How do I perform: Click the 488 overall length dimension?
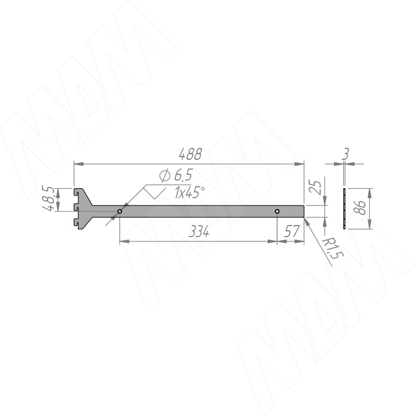click(190, 154)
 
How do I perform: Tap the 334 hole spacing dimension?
click(199, 232)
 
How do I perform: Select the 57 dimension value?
click(292, 231)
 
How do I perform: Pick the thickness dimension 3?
click(345, 154)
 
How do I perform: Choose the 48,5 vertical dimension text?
click(48, 199)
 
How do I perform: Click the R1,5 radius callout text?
click(333, 248)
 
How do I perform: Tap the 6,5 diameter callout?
click(176, 175)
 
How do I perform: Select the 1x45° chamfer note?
click(189, 192)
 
